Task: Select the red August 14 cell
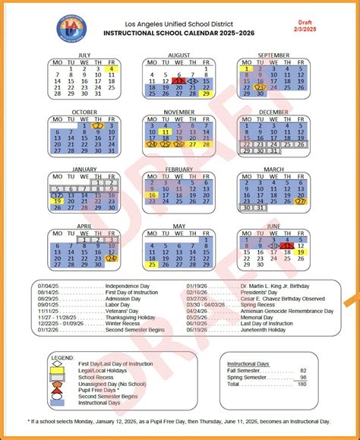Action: click(x=178, y=81)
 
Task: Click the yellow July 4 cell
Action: click(x=111, y=68)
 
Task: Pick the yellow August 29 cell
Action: click(x=206, y=94)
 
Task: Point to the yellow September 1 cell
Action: click(x=246, y=69)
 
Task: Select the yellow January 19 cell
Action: click(x=57, y=201)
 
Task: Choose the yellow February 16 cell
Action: click(x=151, y=195)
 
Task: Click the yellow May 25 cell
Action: click(x=151, y=264)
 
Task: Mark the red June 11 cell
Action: click(x=287, y=245)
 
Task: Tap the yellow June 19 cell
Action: click(x=301, y=252)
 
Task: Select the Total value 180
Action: click(x=302, y=383)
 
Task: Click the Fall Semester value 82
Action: click(x=303, y=370)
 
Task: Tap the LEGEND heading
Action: click(x=63, y=356)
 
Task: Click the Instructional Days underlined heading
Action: click(x=248, y=363)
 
